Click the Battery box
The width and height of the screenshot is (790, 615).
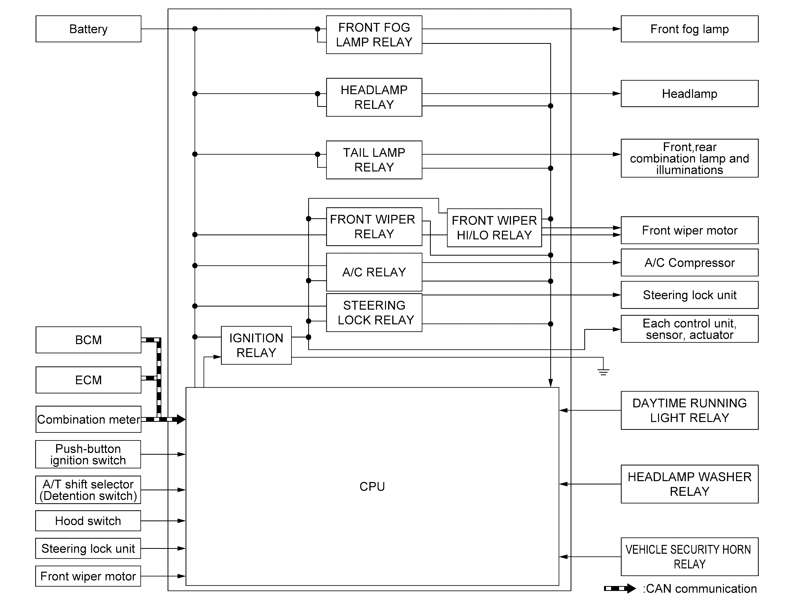click(x=88, y=29)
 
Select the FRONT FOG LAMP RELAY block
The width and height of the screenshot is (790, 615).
click(x=374, y=35)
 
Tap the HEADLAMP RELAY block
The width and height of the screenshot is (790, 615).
click(x=374, y=97)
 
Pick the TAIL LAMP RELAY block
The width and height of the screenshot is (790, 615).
click(x=374, y=160)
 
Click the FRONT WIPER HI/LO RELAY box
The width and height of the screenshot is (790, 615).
click(x=494, y=228)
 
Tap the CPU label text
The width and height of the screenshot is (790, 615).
click(x=372, y=486)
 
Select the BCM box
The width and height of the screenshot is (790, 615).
click(x=88, y=340)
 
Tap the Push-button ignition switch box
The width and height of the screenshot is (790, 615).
click(x=88, y=454)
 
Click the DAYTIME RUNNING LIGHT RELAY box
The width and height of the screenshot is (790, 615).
click(x=689, y=410)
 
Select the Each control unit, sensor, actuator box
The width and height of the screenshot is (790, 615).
click(x=689, y=329)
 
